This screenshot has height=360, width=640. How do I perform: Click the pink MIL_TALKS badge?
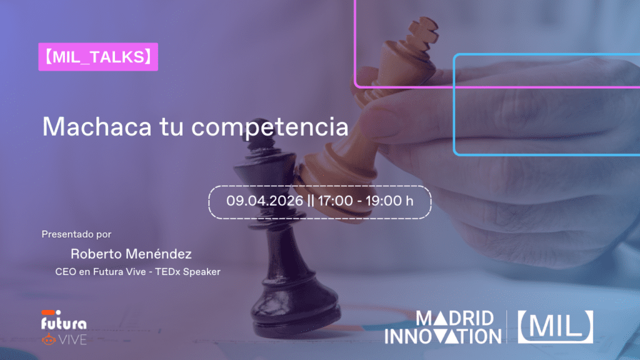click(x=98, y=57)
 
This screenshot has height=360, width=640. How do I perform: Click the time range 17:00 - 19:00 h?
click(x=366, y=201)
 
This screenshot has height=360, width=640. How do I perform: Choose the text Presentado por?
click(x=76, y=234)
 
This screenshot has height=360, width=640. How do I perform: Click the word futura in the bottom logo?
click(x=63, y=324)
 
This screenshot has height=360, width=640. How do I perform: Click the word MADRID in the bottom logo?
click(x=455, y=318)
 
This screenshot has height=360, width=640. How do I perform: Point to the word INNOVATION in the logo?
click(x=442, y=336)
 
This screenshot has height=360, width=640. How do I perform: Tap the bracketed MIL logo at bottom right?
click(x=555, y=327)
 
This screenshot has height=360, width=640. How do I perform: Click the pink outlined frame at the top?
click(x=355, y=44)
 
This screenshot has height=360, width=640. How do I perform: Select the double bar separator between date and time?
click(x=311, y=201)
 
